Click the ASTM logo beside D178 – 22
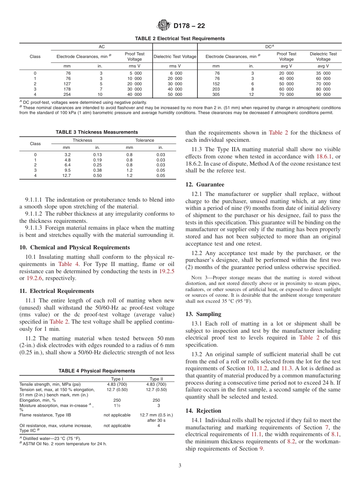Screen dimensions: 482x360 click(164, 26)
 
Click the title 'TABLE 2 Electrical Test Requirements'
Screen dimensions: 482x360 click(180, 39)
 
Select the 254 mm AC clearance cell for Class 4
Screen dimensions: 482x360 click(68, 94)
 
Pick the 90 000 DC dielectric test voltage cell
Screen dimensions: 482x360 click(323, 94)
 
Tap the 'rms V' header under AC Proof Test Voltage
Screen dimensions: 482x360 click(135, 66)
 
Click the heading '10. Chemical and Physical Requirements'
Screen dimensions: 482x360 click(75, 247)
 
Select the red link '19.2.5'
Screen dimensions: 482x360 click(166, 271)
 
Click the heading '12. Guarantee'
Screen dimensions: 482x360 click(205, 185)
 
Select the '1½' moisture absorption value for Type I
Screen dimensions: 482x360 click(117, 405)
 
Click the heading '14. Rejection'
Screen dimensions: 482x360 click(203, 411)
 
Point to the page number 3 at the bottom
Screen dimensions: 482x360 click(180, 465)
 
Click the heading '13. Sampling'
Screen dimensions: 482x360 click(203, 314)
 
